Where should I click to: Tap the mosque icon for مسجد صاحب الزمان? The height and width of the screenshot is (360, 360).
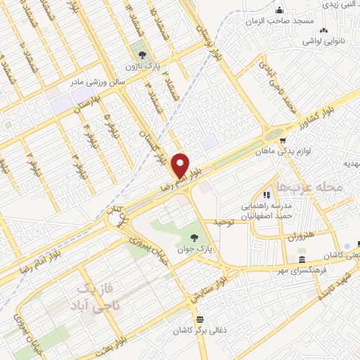(x=280, y=10)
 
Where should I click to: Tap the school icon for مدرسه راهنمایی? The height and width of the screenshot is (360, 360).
(x=266, y=194)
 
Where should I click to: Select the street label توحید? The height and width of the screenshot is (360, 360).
(x=222, y=223)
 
